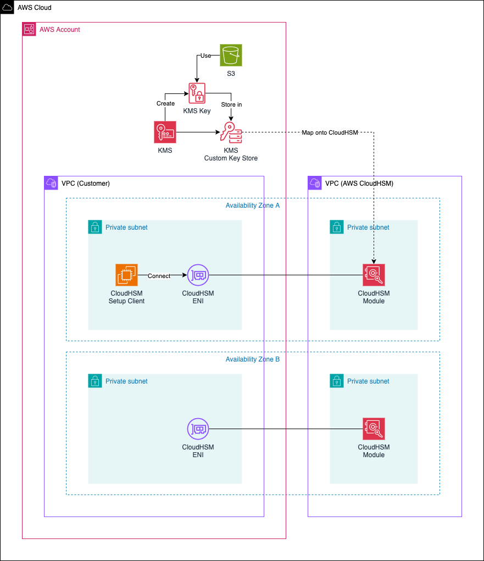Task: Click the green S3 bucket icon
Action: (231, 55)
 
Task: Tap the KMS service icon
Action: (165, 132)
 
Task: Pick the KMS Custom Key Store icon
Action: (231, 132)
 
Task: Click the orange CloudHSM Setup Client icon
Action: (126, 275)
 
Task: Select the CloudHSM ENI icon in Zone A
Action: (198, 275)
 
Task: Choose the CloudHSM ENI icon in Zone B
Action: (198, 429)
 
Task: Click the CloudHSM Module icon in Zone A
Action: (374, 275)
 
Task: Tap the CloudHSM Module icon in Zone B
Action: (374, 429)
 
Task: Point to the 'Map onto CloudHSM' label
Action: (330, 133)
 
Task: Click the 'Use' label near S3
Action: (206, 56)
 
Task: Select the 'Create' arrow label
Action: (165, 103)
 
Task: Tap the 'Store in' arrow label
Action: (231, 104)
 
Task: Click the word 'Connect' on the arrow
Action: (159, 276)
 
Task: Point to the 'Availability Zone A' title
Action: (253, 205)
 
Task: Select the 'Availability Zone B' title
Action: (253, 359)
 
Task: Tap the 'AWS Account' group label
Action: (60, 30)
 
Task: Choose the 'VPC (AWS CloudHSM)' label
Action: (359, 184)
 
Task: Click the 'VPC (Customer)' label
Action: (86, 184)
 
